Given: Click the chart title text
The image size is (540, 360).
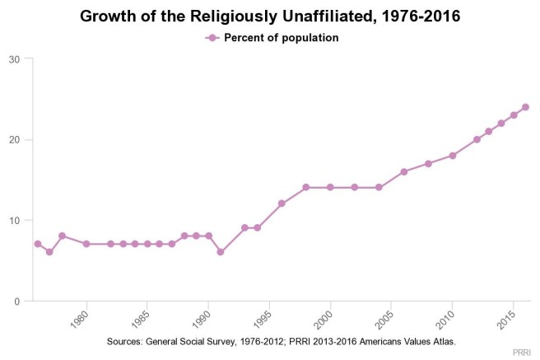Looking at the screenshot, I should coord(269,16).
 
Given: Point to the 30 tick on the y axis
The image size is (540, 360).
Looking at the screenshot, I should coord(16,58).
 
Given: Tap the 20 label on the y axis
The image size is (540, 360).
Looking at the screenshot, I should coord(16,139).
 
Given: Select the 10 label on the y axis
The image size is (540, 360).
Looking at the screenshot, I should coord(16,220).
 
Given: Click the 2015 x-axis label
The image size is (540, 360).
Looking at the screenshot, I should coord(503,318).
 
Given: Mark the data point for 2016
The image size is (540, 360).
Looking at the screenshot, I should coord(525,107).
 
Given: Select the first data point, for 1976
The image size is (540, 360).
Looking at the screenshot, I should coord(38,244).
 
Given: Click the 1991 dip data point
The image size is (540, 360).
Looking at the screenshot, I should coord(221,252).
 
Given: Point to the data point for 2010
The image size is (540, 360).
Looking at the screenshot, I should coord(452,155).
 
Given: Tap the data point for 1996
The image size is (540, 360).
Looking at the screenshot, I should coord(282,203).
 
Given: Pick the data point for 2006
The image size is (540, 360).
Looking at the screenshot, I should coord(403,171).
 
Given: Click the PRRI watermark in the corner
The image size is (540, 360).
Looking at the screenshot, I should coord(521,352).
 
